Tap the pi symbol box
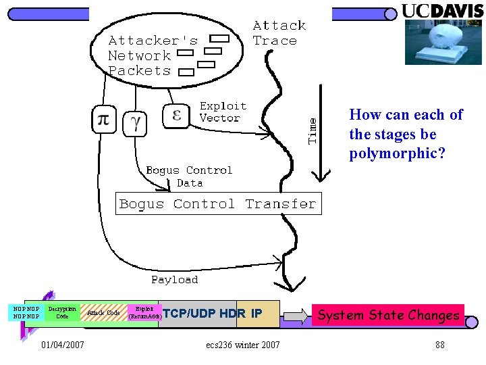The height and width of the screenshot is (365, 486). pyautogui.click(x=103, y=120)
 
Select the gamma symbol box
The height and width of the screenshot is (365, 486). pyautogui.click(x=136, y=122)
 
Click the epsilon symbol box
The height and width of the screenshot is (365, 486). pyautogui.click(x=177, y=115)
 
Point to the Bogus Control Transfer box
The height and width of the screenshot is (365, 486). pyautogui.click(x=217, y=204)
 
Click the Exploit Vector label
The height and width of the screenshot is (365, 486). pyautogui.click(x=223, y=112)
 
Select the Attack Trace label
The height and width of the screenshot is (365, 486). pyautogui.click(x=279, y=33)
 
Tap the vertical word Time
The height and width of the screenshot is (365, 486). pyautogui.click(x=313, y=128)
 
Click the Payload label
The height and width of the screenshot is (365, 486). pyautogui.click(x=174, y=280)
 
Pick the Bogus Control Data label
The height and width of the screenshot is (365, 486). pyautogui.click(x=189, y=176)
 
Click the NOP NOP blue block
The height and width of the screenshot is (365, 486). pyautogui.click(x=26, y=312)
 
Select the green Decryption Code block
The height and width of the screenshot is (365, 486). pyautogui.click(x=62, y=312)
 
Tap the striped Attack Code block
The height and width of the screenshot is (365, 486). pyautogui.click(x=104, y=313)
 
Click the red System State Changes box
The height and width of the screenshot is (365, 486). pyautogui.click(x=388, y=315)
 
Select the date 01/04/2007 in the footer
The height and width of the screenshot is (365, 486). pyautogui.click(x=63, y=345)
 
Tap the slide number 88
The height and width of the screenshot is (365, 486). pyautogui.click(x=439, y=345)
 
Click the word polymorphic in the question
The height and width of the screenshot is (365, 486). pyautogui.click(x=397, y=153)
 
